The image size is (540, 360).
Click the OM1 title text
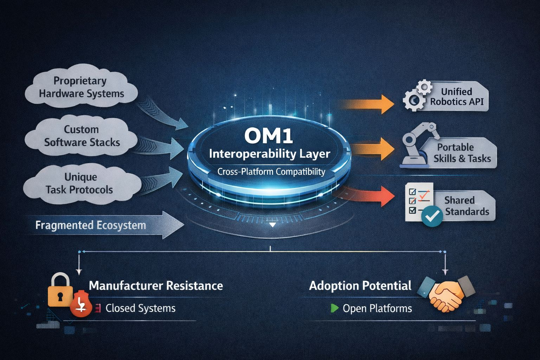coord(269,136)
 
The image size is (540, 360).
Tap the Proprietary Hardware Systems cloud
coord(81,87)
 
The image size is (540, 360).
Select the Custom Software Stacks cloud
coord(82,136)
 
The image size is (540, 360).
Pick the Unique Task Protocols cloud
coord(79,184)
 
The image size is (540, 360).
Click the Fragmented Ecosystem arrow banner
coord(102,225)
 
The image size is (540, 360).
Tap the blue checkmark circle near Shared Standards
coord(431,216)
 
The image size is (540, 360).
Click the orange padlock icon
coord(60,290)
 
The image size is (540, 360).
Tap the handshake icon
coord(446,292)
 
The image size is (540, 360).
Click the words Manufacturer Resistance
coord(156,285)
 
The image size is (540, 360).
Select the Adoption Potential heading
coord(360,285)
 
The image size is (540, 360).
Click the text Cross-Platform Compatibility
coord(271,172)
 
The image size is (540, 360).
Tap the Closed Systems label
coord(140,308)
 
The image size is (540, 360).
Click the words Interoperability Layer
coord(270,154)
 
